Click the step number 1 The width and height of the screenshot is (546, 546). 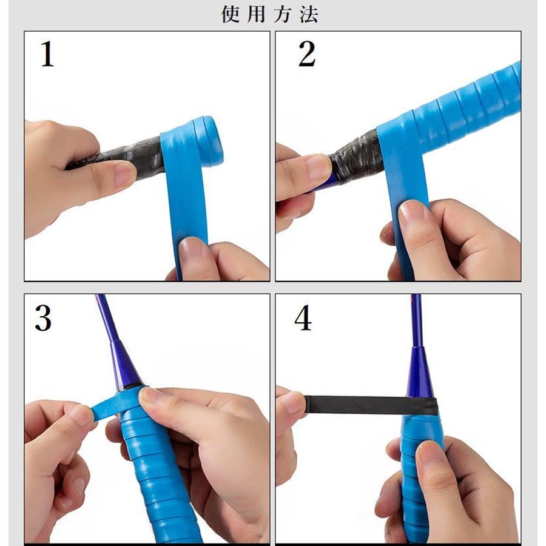47,54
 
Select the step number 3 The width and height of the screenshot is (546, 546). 43,318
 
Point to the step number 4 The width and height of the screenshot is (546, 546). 303,318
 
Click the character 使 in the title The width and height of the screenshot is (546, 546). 231,15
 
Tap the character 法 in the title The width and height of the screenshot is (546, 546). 309,15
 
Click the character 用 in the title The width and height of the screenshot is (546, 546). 257,15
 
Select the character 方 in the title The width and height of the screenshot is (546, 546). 283,15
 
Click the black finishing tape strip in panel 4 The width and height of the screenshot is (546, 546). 370,405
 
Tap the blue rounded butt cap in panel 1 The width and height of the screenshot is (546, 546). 208,142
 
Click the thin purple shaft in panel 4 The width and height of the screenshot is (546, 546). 416,320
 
